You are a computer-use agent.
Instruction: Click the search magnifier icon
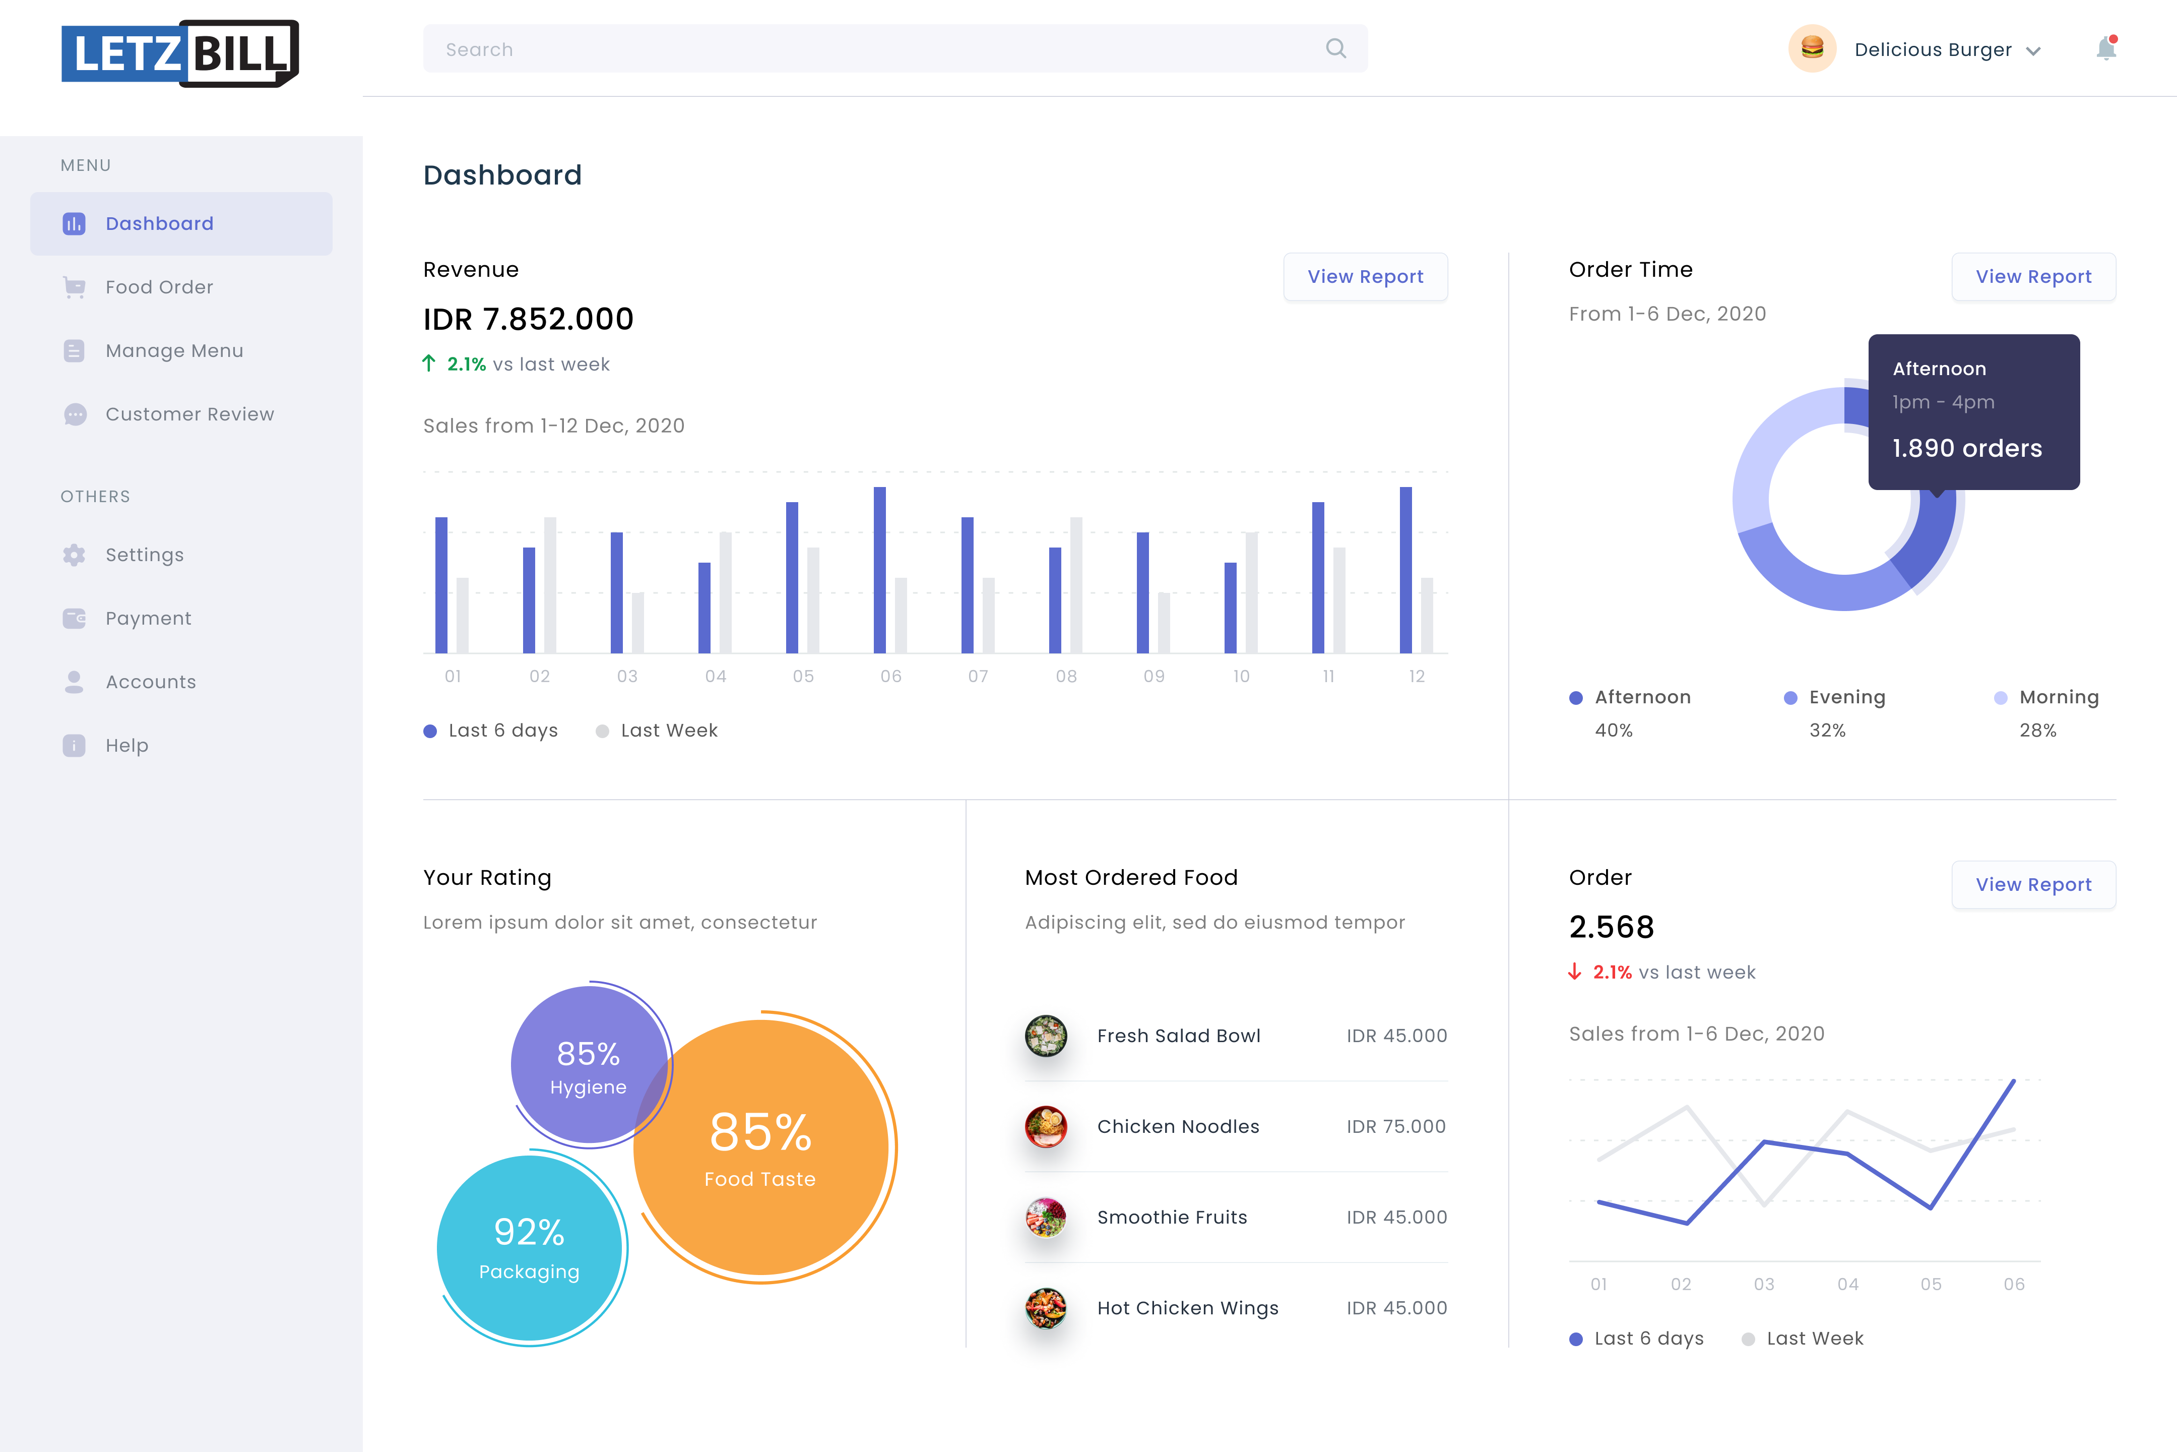pyautogui.click(x=1335, y=48)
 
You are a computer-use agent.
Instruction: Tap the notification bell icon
pyautogui.click(x=2106, y=48)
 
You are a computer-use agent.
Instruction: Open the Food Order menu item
pyautogui.click(x=159, y=287)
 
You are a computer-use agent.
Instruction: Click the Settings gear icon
pyautogui.click(x=74, y=555)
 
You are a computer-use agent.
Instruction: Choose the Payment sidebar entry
pyautogui.click(x=148, y=619)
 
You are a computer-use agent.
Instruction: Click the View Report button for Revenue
pyautogui.click(x=1365, y=277)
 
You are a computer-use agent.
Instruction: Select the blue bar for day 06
pyautogui.click(x=879, y=570)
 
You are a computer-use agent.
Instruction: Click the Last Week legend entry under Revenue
pyautogui.click(x=668, y=731)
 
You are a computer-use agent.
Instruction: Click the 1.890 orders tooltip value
pyautogui.click(x=1967, y=448)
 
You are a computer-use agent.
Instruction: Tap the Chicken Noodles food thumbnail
pyautogui.click(x=1046, y=1126)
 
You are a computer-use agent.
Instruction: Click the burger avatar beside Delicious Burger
pyautogui.click(x=1811, y=48)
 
